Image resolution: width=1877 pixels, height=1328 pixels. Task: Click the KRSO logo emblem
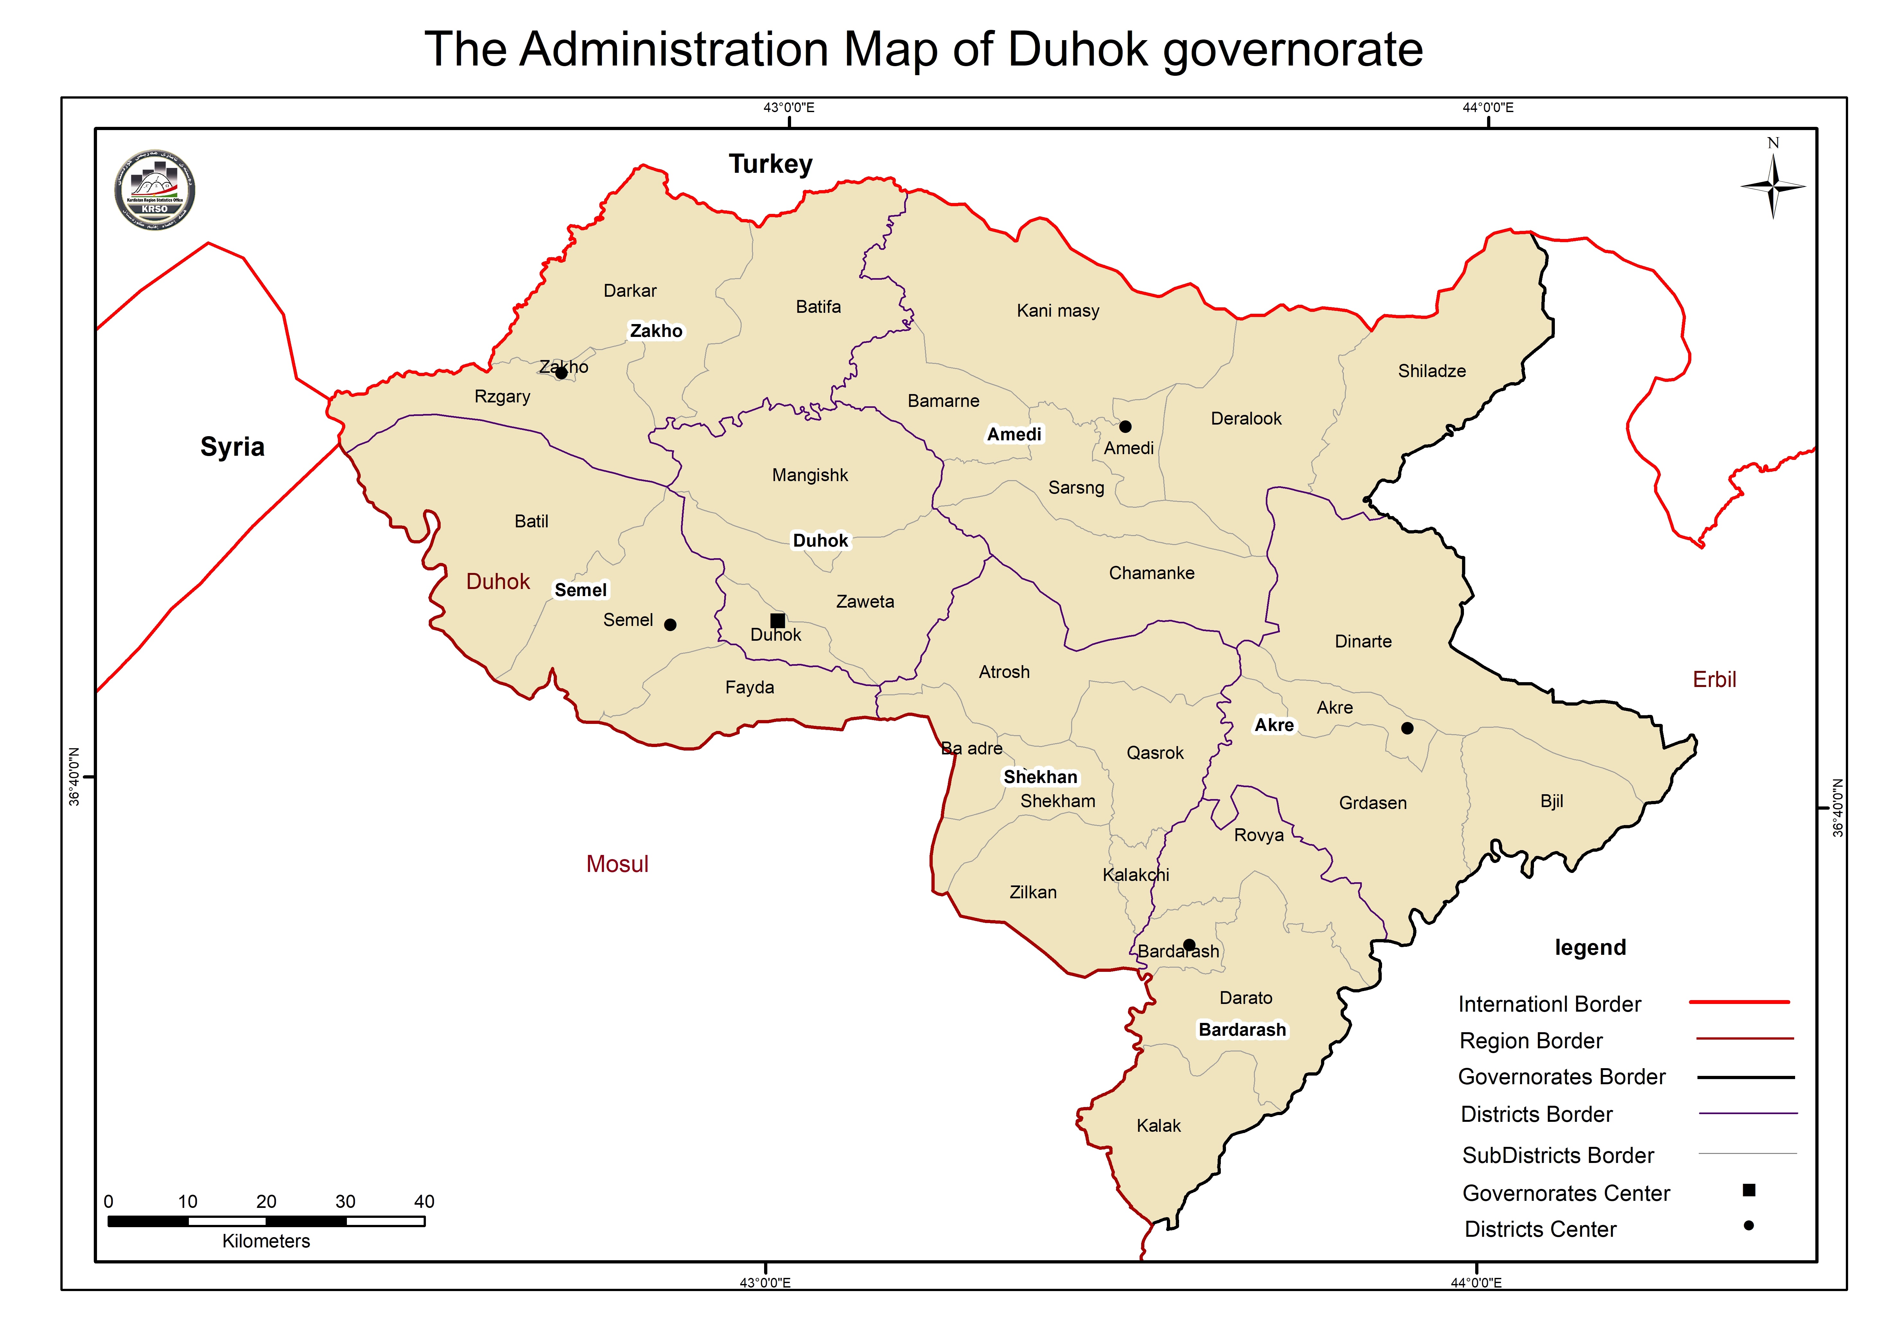154,190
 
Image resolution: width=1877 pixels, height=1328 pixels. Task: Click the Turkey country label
771,164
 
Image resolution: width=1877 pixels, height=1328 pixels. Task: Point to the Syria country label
232,447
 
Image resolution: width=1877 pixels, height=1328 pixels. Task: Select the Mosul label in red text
617,864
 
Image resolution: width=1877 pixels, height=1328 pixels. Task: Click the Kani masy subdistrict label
1058,311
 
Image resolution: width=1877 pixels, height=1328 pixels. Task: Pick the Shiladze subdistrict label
1431,371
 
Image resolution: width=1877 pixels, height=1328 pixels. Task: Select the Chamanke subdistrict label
1151,573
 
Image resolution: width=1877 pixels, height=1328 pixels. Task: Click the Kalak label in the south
1158,1126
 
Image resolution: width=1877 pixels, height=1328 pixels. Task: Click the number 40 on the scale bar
424,1201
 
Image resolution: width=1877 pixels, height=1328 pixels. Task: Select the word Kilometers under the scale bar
266,1241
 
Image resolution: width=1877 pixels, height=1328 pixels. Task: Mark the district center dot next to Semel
670,625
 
